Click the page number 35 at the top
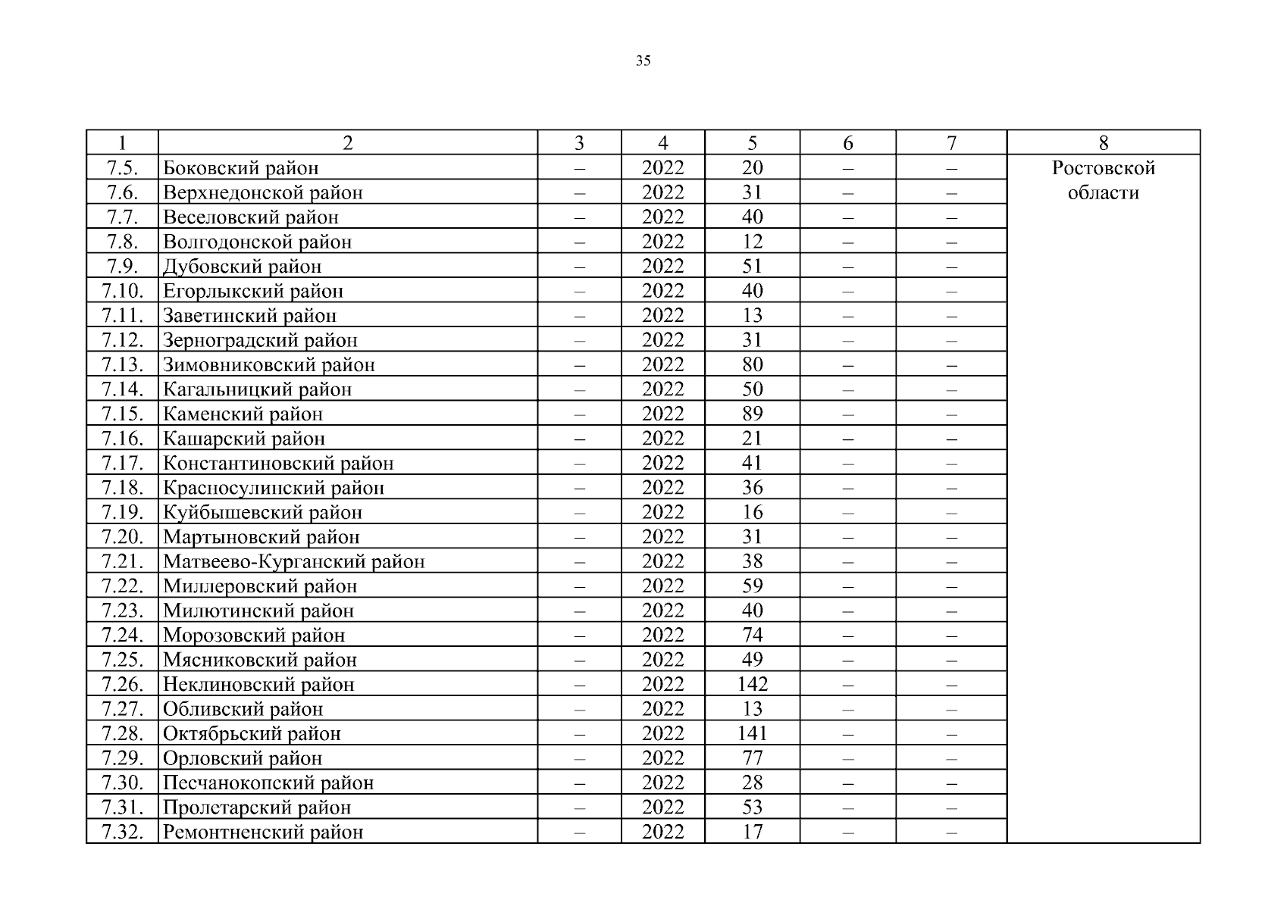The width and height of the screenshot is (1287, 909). pos(643,61)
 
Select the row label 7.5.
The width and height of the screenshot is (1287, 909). pos(122,167)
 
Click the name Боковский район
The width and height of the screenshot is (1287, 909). pos(241,168)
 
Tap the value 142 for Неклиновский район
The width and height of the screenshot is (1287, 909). pos(752,685)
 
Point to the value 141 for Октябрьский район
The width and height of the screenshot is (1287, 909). pos(752,734)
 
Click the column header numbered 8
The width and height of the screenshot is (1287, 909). pos(1103,143)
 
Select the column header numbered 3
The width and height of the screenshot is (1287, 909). pos(579,143)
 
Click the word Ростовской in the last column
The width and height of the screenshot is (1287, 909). pos(1103,168)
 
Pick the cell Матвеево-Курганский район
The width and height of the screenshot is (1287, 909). pos(293,562)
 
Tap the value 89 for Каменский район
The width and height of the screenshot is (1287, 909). pos(752,414)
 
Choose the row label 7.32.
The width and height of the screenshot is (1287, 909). pos(122,832)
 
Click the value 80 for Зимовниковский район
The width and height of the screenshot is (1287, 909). pos(752,365)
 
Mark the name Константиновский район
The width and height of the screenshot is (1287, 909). pos(278,464)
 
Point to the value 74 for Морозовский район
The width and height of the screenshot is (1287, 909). pos(752,636)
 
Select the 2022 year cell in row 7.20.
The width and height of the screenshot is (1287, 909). pos(662,537)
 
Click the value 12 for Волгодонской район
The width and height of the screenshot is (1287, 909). pos(752,242)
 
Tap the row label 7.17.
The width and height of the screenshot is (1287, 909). pos(122,464)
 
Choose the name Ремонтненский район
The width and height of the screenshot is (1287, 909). pos(263,832)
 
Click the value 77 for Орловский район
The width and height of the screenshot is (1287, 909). pos(752,758)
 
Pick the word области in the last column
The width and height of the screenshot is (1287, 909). pos(1103,193)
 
